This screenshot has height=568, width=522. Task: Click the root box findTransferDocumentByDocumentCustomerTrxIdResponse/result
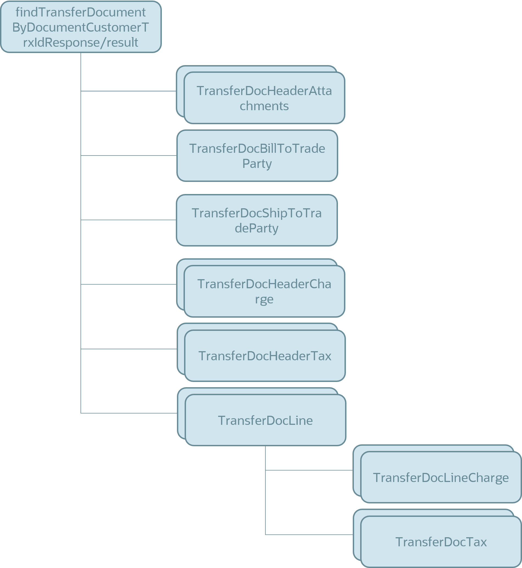pos(81,27)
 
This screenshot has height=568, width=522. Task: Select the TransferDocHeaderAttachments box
pos(264,98)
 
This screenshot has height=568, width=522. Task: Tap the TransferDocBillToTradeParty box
pos(257,156)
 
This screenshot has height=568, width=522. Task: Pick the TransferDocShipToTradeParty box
pos(257,220)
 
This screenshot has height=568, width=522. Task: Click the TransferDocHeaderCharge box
pos(264,291)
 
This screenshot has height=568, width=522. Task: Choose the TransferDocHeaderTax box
pos(265,356)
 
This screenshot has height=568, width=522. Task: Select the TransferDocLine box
pos(265,420)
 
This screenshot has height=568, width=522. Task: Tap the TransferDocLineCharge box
pos(441,478)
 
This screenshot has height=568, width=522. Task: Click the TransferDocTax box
pos(441,542)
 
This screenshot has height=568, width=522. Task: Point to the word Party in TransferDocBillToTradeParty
pos(257,163)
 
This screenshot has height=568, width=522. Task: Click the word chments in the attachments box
pos(264,106)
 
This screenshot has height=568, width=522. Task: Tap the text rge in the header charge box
pos(264,299)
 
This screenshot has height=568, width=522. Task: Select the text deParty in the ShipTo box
pos(257,228)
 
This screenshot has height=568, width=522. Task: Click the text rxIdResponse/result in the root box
pos(81,42)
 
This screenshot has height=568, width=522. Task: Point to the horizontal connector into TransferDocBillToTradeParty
pos(129,156)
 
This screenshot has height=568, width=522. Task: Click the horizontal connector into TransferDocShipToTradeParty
pos(129,220)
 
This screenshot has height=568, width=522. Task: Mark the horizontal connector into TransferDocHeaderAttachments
pos(129,91)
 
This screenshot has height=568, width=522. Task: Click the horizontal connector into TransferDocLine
pos(129,413)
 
